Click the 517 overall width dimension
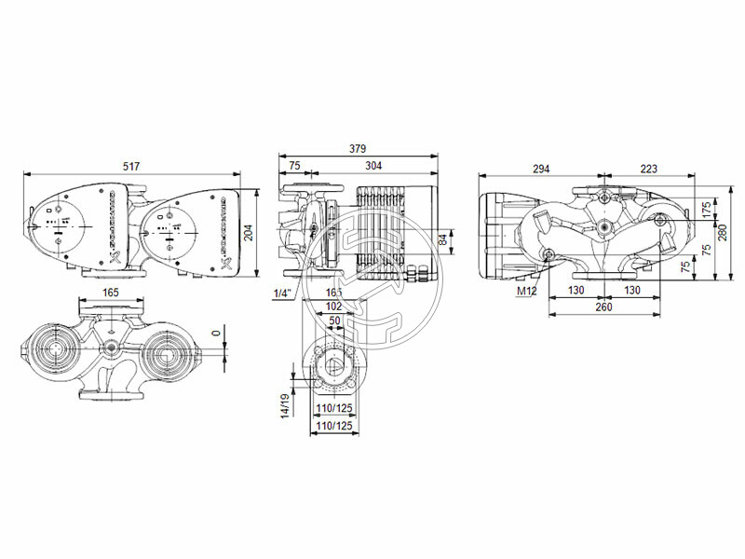click(x=131, y=166)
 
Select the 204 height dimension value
click(x=249, y=232)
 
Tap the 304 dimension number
click(x=372, y=166)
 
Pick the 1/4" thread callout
click(x=282, y=293)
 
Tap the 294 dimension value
click(x=541, y=169)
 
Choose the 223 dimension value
click(x=648, y=169)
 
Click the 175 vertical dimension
click(x=707, y=208)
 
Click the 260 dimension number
click(x=603, y=307)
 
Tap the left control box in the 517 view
click(x=64, y=225)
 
